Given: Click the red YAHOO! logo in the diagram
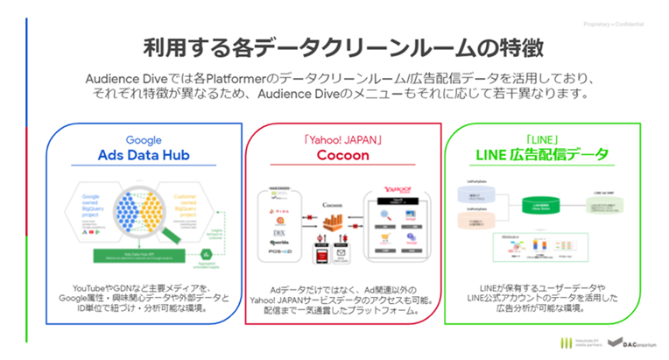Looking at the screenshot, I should tap(392, 191).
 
